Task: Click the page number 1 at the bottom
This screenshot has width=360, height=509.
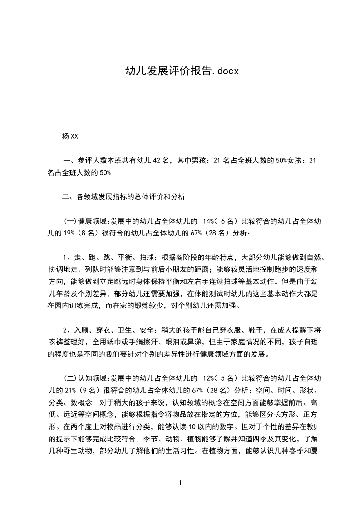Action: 180,483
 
